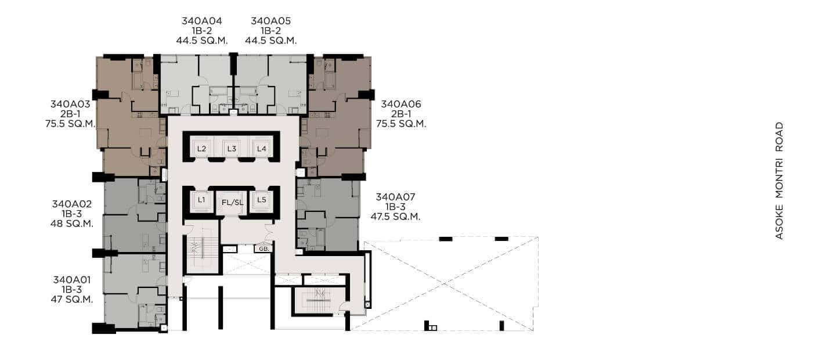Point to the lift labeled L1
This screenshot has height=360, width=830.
(201, 201)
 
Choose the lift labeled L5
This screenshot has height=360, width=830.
(261, 201)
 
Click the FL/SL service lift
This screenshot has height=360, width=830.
(232, 203)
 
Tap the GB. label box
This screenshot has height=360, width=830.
(264, 249)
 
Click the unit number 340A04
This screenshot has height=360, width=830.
(202, 21)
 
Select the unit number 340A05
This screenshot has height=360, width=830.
(271, 21)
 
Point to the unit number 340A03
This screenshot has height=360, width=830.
(70, 104)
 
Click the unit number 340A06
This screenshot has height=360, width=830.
(401, 104)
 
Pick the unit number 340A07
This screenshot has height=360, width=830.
(396, 197)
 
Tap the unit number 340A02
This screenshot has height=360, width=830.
(72, 204)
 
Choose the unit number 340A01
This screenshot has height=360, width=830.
(72, 279)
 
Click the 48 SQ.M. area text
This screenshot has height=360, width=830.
(72, 224)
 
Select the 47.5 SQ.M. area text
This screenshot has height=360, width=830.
(396, 217)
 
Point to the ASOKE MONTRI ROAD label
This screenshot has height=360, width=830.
(780, 181)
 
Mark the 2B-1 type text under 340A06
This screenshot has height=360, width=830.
(401, 114)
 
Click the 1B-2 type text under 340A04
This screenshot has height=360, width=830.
(202, 31)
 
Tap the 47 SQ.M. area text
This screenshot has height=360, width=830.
(72, 300)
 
